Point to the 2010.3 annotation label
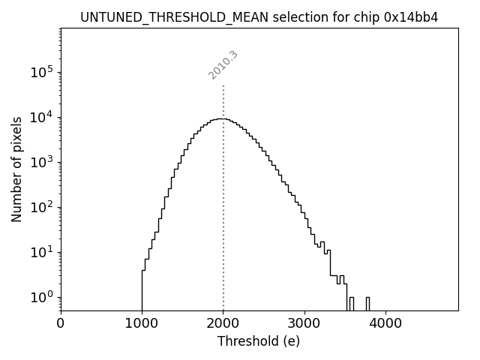click(223, 65)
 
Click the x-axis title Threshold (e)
click(259, 341)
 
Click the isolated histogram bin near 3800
click(367, 303)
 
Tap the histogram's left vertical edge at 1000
click(142, 289)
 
